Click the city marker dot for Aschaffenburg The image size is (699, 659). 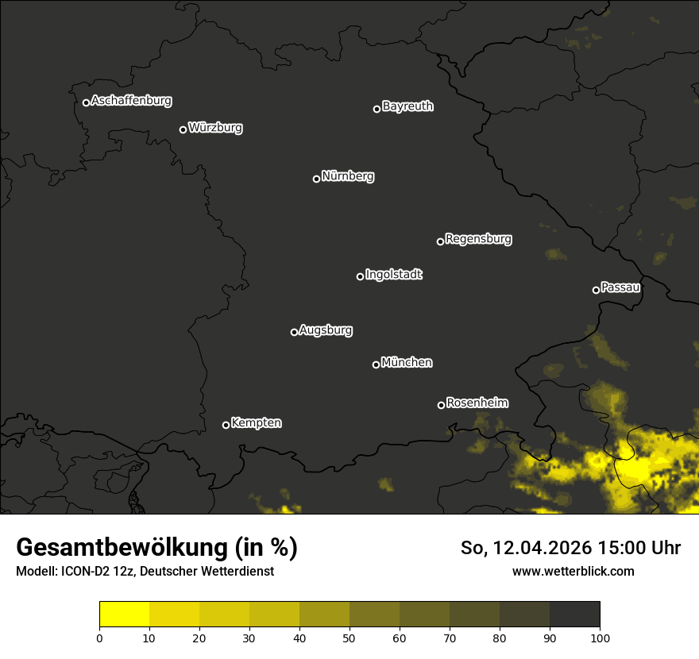click(86, 102)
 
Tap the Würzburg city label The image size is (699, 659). click(215, 128)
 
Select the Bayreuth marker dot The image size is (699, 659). click(377, 109)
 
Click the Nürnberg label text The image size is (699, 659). click(348, 176)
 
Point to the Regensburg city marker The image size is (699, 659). click(440, 241)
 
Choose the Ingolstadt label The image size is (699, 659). click(394, 275)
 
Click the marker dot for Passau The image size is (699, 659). click(596, 290)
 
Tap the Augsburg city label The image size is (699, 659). click(326, 330)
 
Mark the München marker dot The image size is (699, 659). click(376, 365)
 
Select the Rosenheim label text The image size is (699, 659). click(477, 403)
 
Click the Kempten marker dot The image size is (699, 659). click(226, 425)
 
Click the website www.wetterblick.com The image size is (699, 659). click(573, 572)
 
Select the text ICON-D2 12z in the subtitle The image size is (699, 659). click(95, 572)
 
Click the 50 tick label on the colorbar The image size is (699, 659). click(349, 638)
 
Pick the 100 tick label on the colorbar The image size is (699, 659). click(600, 638)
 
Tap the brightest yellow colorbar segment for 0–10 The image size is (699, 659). click(125, 615)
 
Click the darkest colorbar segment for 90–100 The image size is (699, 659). click(574, 615)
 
